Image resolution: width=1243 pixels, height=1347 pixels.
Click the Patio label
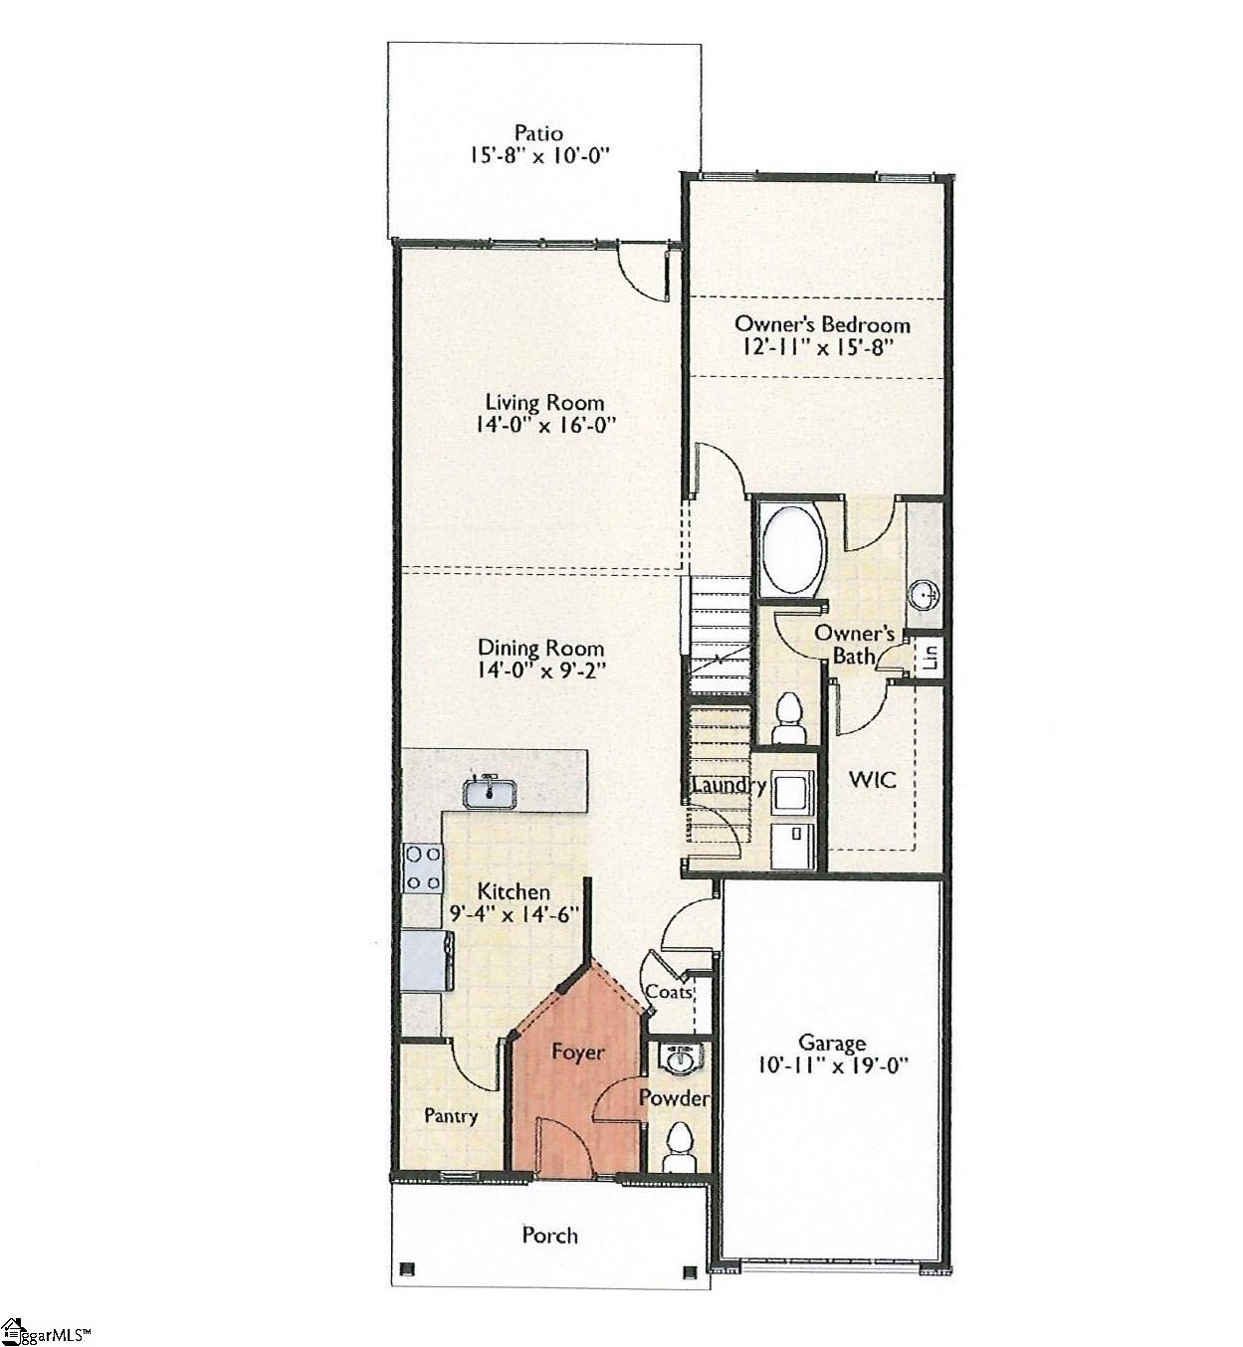(538, 133)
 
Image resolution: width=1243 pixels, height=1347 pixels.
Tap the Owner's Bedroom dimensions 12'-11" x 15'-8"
(822, 348)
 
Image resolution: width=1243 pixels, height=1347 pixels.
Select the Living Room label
(544, 402)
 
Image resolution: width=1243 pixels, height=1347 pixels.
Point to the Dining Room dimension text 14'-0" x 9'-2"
(542, 672)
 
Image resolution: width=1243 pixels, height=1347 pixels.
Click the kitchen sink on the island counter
(490, 792)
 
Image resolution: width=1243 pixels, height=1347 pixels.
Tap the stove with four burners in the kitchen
(422, 867)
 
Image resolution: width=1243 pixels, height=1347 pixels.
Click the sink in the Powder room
(681, 1059)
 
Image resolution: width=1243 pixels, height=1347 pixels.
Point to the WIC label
(872, 779)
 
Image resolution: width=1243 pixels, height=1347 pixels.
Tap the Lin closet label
(932, 657)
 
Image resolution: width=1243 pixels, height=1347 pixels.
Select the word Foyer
(578, 1052)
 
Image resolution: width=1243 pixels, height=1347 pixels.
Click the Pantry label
(451, 1116)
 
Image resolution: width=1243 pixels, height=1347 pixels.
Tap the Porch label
(549, 1235)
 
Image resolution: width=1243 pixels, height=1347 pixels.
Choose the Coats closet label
(669, 991)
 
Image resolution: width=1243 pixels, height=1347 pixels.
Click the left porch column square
(406, 1269)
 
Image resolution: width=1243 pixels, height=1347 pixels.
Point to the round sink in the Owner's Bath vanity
(925, 595)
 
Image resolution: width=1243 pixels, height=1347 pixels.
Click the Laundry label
(728, 786)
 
